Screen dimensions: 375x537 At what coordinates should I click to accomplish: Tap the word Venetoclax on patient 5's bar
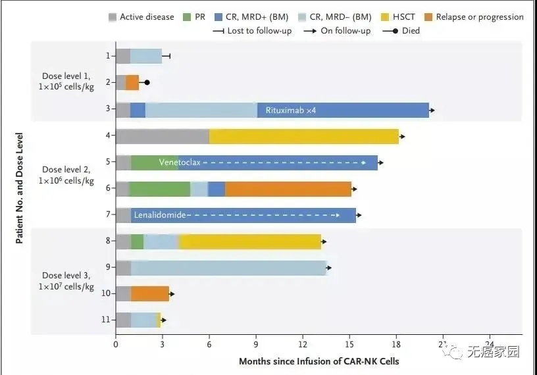(179, 162)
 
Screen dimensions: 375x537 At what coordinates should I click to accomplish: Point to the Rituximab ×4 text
(291, 110)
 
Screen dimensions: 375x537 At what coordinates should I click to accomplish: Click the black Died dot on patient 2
(147, 82)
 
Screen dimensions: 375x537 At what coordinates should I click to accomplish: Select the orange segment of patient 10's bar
(150, 293)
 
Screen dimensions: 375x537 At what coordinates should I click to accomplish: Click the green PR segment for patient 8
(137, 241)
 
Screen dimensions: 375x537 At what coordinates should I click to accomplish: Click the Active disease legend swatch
(112, 17)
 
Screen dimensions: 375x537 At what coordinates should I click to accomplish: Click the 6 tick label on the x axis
(209, 344)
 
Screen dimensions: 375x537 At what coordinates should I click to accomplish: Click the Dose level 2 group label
(67, 175)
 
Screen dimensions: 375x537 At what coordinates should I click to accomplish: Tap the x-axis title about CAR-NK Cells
(319, 361)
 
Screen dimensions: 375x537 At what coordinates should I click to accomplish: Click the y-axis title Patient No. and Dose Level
(20, 188)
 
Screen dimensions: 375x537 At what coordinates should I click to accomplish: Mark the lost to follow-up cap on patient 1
(170, 56)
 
